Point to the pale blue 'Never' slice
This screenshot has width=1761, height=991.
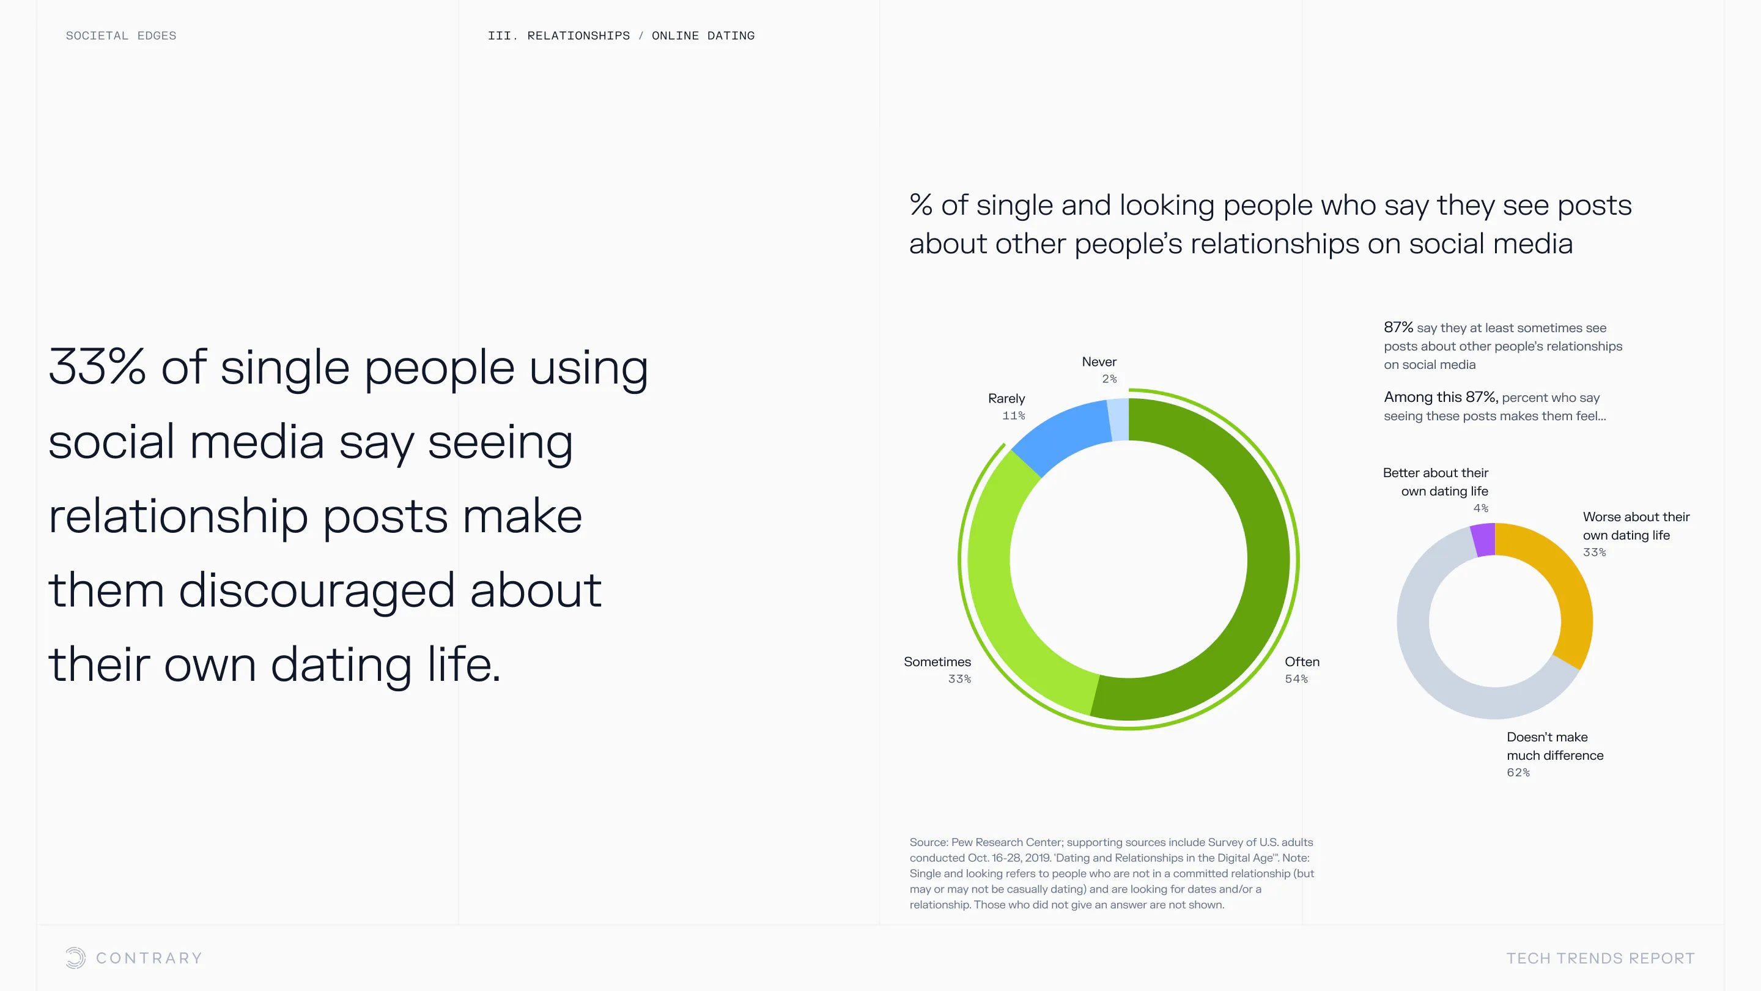point(1118,419)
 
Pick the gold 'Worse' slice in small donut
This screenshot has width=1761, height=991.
point(1565,588)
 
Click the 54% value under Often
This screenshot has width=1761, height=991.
point(1296,679)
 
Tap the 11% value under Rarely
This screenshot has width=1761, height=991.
point(1014,416)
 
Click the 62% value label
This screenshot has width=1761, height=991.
point(1518,773)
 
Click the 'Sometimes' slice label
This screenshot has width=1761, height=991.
point(937,661)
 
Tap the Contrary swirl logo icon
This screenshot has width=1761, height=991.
point(76,957)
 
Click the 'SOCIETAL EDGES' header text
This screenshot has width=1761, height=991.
point(121,35)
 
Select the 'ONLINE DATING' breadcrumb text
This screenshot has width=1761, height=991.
point(703,35)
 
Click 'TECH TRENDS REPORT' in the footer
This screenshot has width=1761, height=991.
point(1600,958)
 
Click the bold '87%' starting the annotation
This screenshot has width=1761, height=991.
point(1398,328)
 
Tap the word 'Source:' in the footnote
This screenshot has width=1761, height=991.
point(929,842)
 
